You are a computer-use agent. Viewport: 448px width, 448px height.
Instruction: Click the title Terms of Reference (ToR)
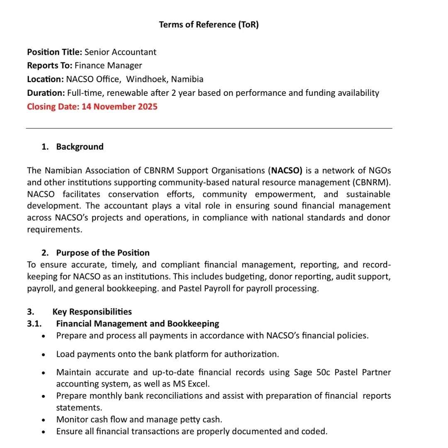click(x=209, y=24)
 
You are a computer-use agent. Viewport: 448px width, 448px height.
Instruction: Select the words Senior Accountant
click(x=120, y=52)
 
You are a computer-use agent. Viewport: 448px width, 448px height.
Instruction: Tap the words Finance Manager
click(x=108, y=66)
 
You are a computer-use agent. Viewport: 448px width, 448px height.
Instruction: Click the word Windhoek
click(x=147, y=79)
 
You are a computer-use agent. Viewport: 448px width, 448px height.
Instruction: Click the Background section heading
click(x=80, y=147)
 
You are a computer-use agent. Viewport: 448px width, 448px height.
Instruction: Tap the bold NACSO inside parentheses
click(x=287, y=171)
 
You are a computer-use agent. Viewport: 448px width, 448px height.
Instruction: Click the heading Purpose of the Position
click(x=103, y=253)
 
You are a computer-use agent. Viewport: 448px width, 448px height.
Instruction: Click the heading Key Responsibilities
click(x=92, y=312)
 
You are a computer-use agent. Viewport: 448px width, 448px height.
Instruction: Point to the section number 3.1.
click(x=34, y=324)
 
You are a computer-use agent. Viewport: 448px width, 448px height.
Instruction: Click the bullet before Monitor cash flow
click(x=44, y=420)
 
